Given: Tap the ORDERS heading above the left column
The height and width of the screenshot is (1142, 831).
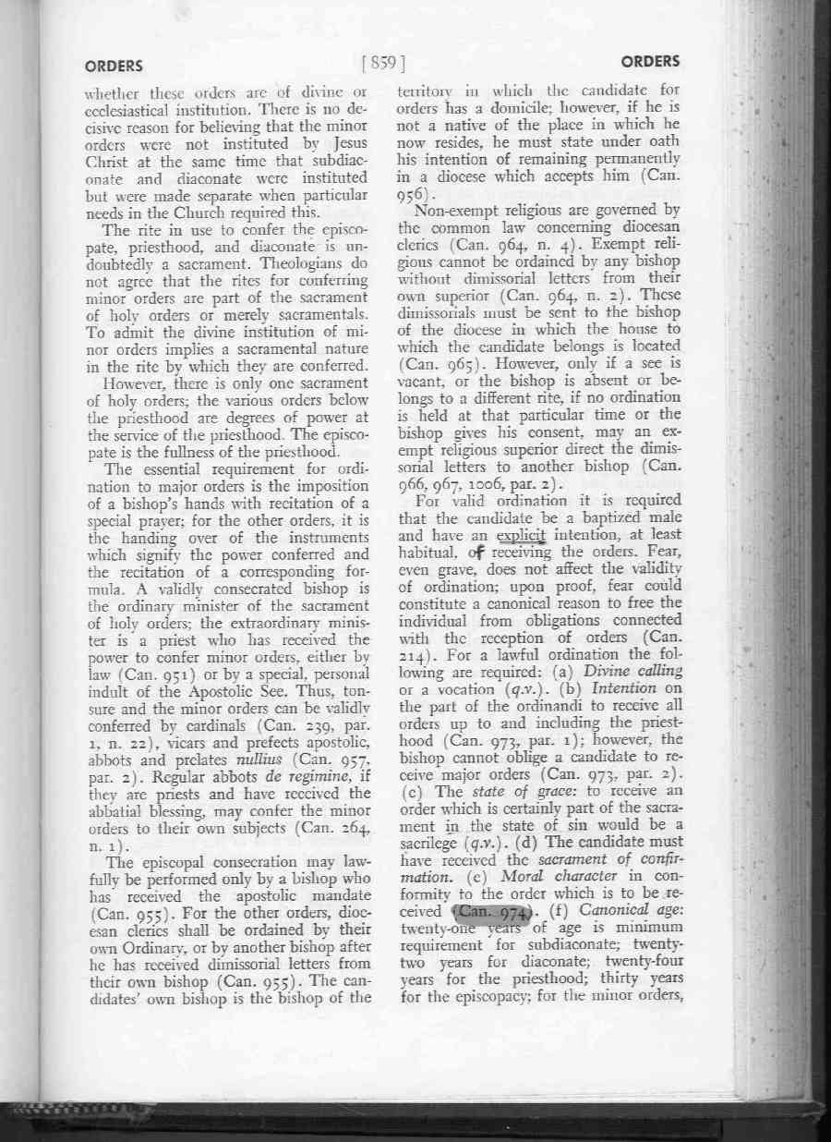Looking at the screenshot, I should pos(114,66).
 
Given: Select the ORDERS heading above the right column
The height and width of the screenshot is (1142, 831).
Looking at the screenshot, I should pos(650,62).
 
